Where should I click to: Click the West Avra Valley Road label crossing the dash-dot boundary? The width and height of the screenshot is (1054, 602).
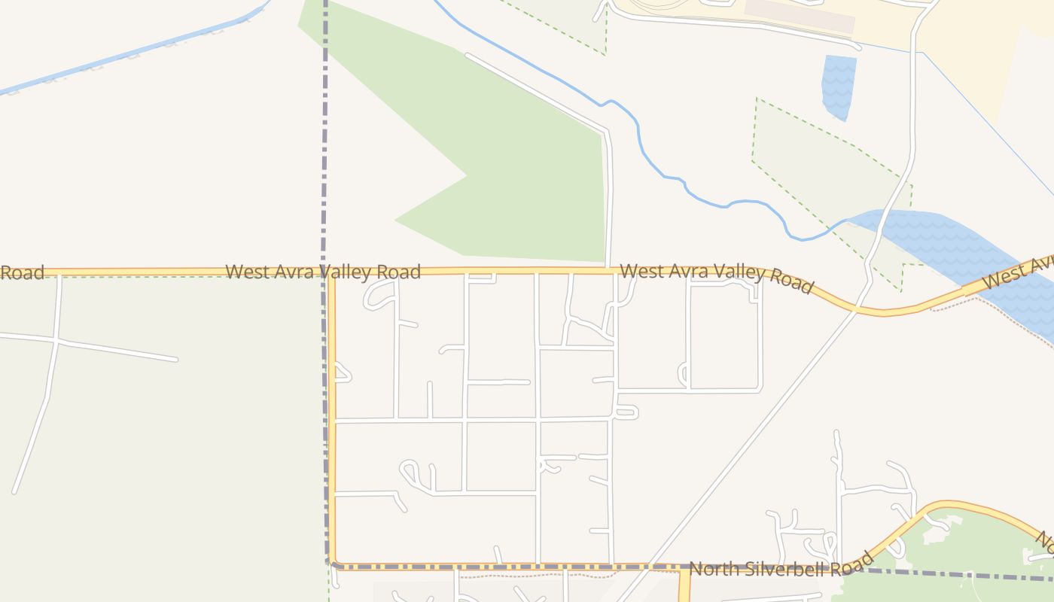coord(322,272)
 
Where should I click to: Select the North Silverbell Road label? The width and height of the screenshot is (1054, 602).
coord(781,565)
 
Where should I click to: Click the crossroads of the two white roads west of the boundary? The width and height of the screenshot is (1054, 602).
coord(56,341)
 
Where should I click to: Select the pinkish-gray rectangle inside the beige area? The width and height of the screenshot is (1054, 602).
coord(800,16)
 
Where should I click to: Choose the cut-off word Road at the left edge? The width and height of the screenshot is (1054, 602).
coord(22,272)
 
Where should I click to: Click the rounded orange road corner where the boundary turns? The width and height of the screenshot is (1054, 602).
coord(334,562)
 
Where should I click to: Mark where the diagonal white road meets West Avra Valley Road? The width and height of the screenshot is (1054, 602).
coord(856,309)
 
